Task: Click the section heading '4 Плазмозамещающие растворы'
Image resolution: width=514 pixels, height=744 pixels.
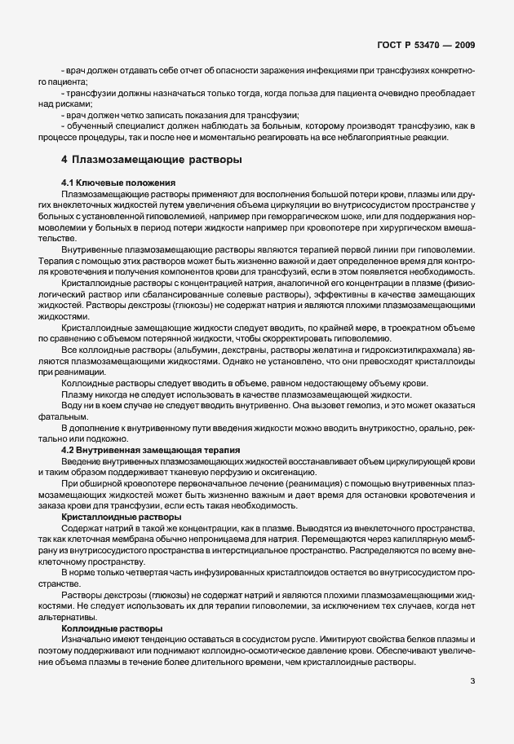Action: [x=152, y=160]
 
